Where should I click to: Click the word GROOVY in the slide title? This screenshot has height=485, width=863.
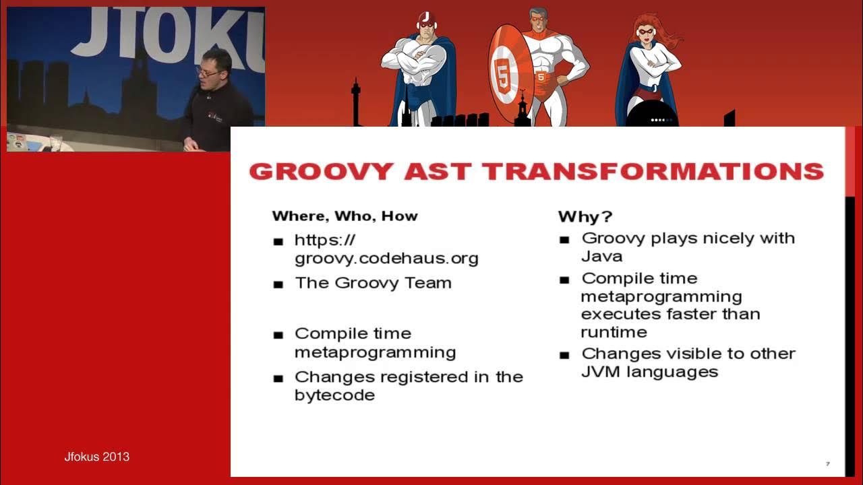(322, 172)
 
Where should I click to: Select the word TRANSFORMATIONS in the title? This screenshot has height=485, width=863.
(653, 172)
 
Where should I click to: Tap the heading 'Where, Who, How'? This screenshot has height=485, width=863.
(345, 216)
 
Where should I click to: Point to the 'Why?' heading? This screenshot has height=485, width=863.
(585, 217)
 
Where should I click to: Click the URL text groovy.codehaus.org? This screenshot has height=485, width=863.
(386, 259)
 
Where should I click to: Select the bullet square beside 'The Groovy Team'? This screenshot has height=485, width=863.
(278, 285)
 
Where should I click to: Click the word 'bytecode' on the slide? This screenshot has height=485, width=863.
(335, 395)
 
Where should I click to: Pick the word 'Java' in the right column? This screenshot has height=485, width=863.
(602, 257)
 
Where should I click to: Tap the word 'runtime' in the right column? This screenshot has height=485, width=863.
(614, 332)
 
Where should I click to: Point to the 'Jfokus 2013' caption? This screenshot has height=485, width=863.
(96, 457)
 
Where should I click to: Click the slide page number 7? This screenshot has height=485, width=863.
(828, 464)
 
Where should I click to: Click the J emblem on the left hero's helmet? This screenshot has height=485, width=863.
(425, 17)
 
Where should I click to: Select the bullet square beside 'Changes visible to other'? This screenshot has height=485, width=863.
(564, 355)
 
